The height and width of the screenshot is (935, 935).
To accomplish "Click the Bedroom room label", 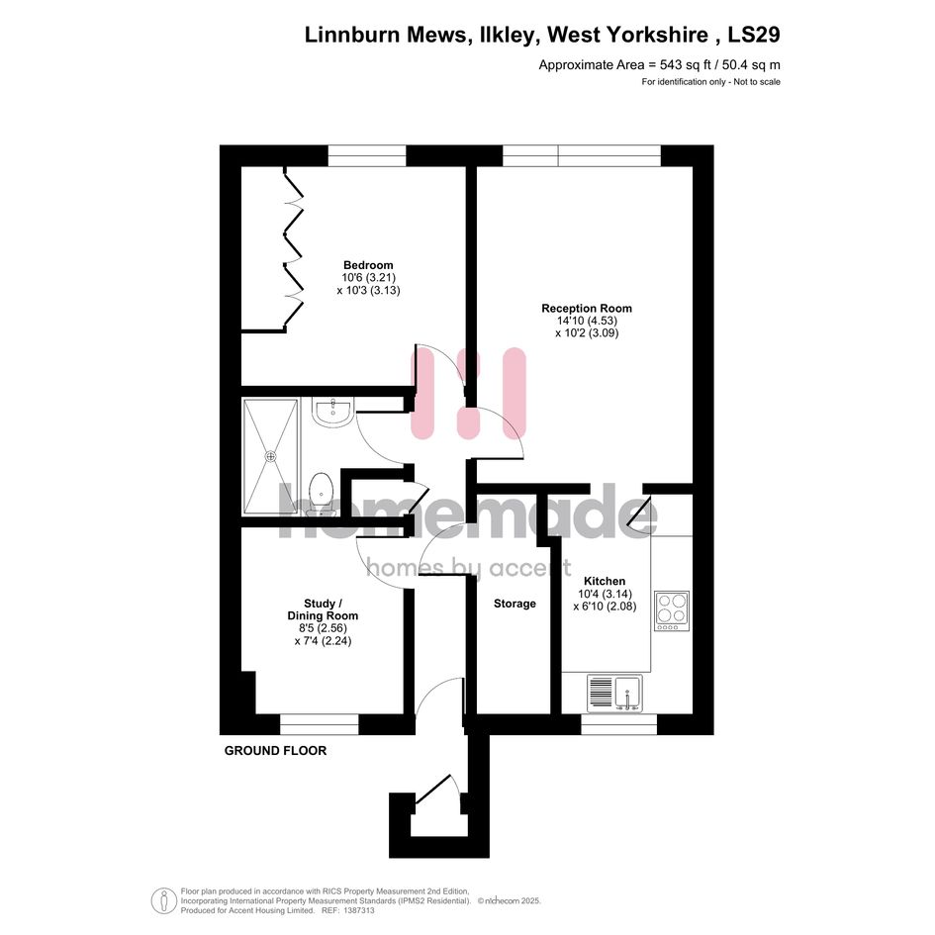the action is pyautogui.click(x=368, y=265).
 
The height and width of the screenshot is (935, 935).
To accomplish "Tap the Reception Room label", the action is pyautogui.click(x=586, y=309).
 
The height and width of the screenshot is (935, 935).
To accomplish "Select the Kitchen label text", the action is pyautogui.click(x=605, y=581).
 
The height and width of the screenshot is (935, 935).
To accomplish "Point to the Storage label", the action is pyautogui.click(x=514, y=604).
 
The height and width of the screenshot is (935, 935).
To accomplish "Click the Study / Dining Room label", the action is pyautogui.click(x=323, y=609).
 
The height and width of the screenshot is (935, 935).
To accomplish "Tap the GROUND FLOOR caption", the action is pyautogui.click(x=275, y=751).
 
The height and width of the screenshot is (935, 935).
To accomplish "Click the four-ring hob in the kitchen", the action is pyautogui.click(x=672, y=610).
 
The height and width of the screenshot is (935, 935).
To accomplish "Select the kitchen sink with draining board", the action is pyautogui.click(x=614, y=693).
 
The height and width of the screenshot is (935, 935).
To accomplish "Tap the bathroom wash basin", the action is pyautogui.click(x=333, y=413).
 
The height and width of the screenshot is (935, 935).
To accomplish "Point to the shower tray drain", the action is pyautogui.click(x=271, y=456).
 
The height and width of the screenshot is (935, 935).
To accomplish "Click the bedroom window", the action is pyautogui.click(x=367, y=155).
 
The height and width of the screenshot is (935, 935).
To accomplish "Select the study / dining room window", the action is pyautogui.click(x=319, y=724).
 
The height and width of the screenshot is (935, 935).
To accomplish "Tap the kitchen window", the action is pyautogui.click(x=619, y=724).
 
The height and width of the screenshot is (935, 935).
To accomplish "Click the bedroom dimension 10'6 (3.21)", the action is pyautogui.click(x=368, y=278).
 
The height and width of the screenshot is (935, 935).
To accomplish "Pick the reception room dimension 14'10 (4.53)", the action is pyautogui.click(x=587, y=321).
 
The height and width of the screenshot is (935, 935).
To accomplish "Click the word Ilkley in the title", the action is pyautogui.click(x=507, y=36).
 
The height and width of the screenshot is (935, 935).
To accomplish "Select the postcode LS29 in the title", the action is pyautogui.click(x=754, y=35).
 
